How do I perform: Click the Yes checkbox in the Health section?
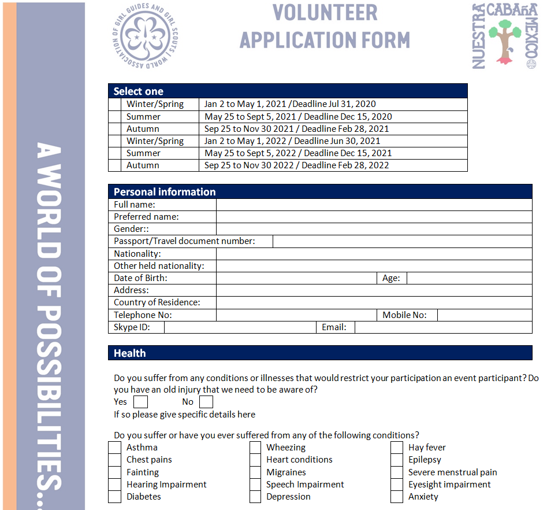(140, 402)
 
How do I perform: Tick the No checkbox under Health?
(206, 402)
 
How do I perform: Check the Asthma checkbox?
(114, 448)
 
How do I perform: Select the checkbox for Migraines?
(255, 472)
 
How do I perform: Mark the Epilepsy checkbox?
(397, 460)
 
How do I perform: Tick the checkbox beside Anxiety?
(397, 497)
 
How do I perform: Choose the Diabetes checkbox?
(114, 497)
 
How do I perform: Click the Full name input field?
(374, 205)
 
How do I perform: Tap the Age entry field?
(469, 278)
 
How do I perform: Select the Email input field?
(443, 327)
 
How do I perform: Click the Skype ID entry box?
(240, 327)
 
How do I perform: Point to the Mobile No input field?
(484, 315)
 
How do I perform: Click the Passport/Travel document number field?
(402, 241)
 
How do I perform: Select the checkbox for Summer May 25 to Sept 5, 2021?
(114, 117)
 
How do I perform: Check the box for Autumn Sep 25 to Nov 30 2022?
(114, 165)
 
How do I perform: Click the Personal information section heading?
(165, 192)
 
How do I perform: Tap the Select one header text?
(139, 91)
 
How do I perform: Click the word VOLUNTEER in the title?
(325, 12)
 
